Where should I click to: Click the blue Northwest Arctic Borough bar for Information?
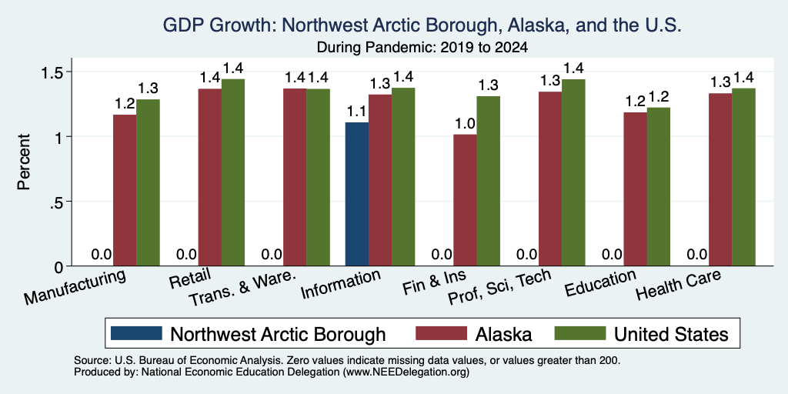[x=357, y=194]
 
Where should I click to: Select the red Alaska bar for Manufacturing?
[x=125, y=191]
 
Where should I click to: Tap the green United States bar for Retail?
[x=233, y=172]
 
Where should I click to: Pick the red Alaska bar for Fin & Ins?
[x=466, y=200]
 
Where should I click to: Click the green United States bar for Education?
[x=659, y=187]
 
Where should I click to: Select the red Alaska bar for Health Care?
[x=720, y=179]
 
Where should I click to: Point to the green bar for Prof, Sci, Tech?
[x=573, y=172]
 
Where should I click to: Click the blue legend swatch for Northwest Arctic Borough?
[x=136, y=333]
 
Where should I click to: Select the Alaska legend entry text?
[x=503, y=334]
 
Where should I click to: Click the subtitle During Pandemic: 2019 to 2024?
[x=422, y=48]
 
